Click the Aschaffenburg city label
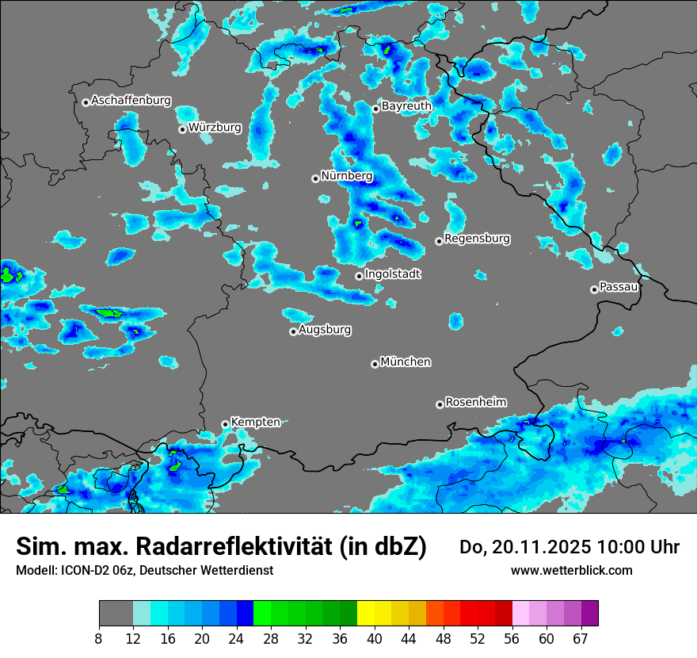click(131, 101)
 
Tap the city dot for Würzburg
click(182, 129)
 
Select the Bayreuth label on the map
click(406, 105)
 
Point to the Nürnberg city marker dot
click(315, 178)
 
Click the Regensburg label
click(477, 238)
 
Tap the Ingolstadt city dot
click(359, 276)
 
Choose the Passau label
click(619, 286)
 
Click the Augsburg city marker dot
click(293, 331)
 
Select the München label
click(406, 362)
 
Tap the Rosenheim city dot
click(440, 404)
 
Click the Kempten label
click(255, 422)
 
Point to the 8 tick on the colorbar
click(99, 637)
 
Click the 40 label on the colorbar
click(374, 637)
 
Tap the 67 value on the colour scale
click(581, 637)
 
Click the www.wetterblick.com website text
click(571, 570)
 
